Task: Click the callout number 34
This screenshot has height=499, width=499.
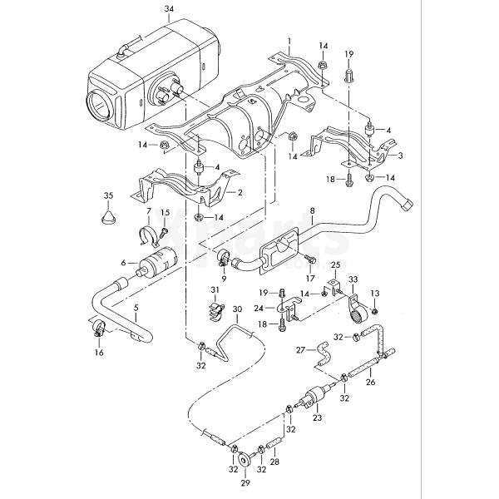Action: (170, 10)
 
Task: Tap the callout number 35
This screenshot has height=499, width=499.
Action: (107, 195)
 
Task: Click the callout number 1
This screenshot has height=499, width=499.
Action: (289, 40)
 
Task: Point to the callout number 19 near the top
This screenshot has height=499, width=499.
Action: (348, 52)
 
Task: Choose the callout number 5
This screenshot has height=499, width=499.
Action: (136, 309)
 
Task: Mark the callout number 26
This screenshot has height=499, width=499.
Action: (370, 383)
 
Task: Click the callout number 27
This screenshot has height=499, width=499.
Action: (301, 350)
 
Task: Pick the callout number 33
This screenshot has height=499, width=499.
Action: (353, 279)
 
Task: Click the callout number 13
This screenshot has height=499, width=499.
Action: (374, 294)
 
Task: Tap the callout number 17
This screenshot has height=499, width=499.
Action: (312, 267)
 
